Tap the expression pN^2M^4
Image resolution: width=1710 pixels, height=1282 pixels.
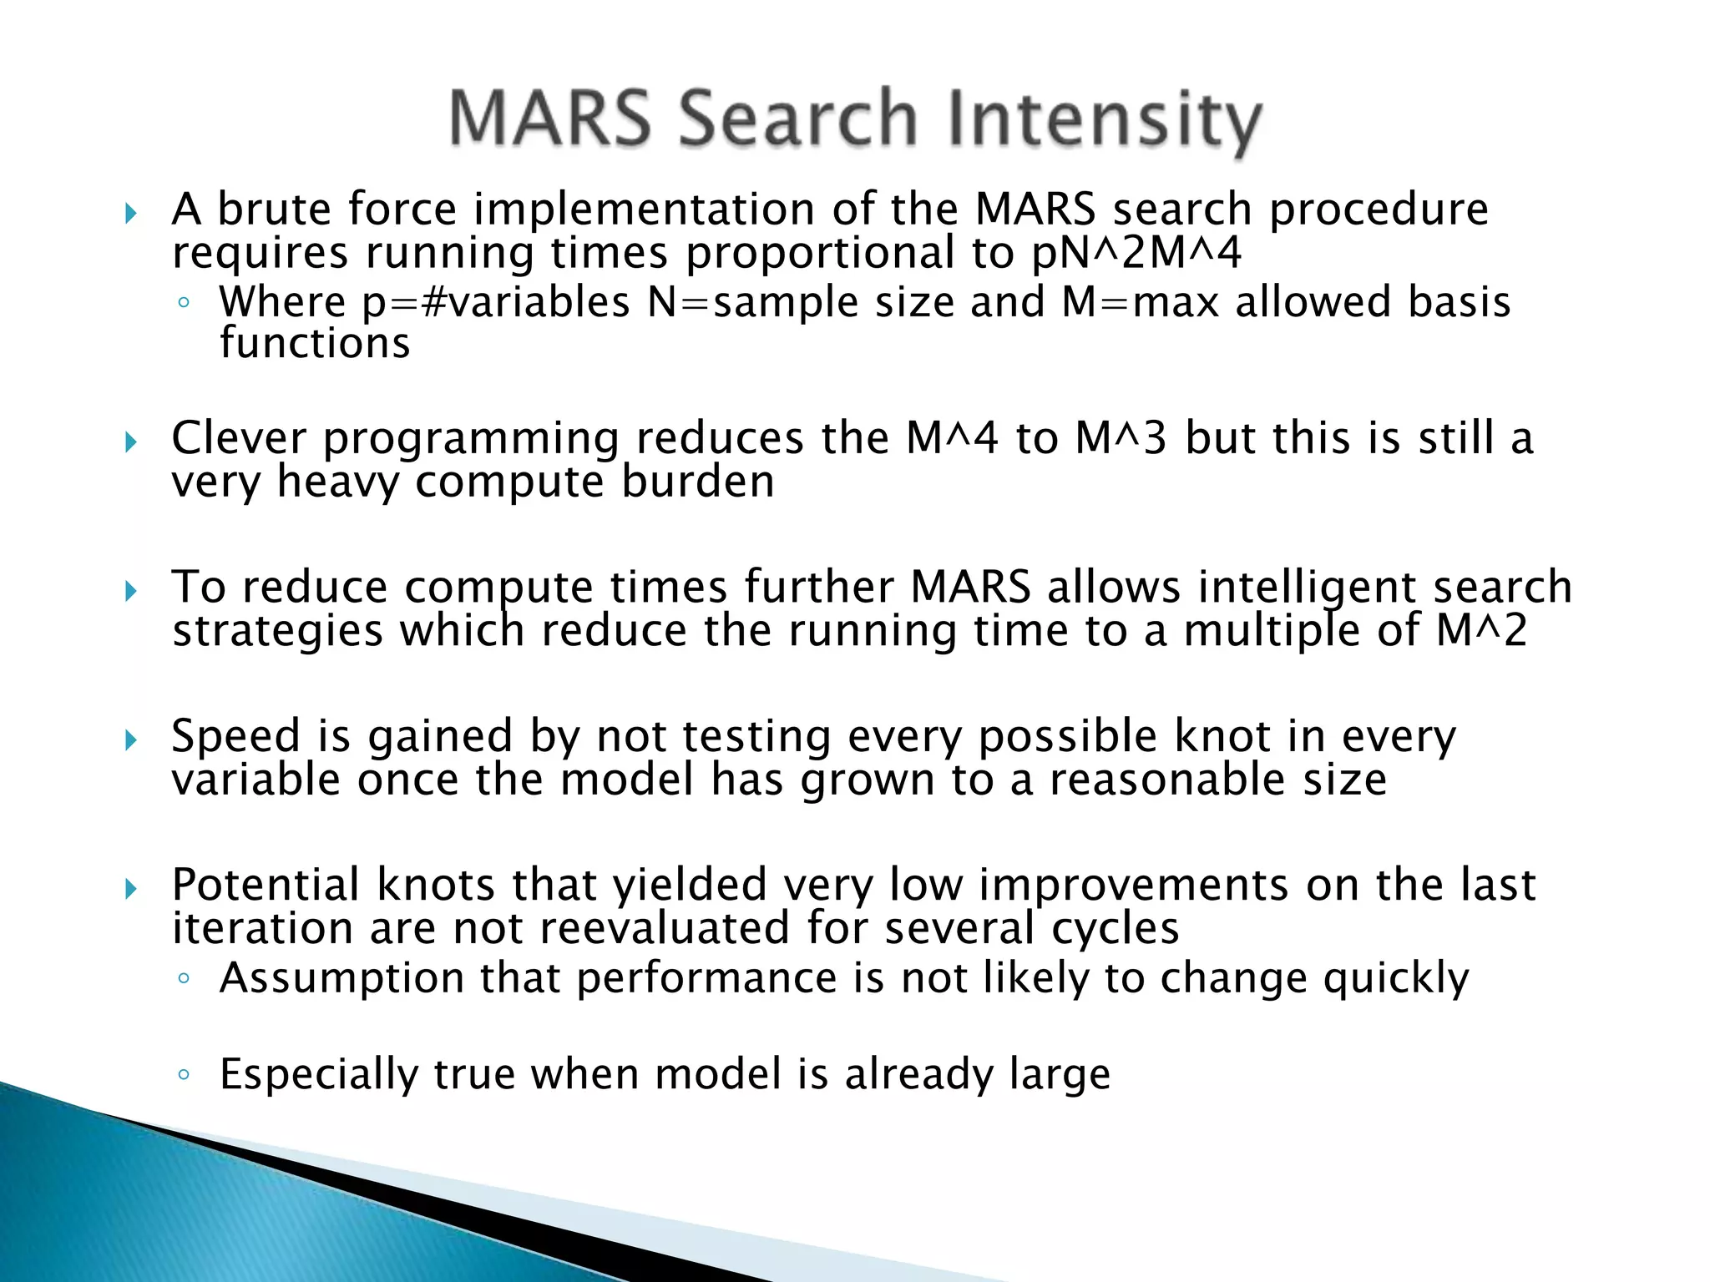(x=1136, y=253)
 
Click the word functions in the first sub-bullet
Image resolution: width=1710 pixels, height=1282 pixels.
(x=315, y=344)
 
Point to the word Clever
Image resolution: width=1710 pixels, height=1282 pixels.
(x=239, y=438)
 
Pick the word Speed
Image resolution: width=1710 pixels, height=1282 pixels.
(x=235, y=736)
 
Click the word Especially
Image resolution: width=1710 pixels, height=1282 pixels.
(x=318, y=1075)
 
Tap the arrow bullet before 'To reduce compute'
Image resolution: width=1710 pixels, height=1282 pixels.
(x=130, y=592)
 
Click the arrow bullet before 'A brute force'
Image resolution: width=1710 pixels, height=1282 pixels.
(x=130, y=214)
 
